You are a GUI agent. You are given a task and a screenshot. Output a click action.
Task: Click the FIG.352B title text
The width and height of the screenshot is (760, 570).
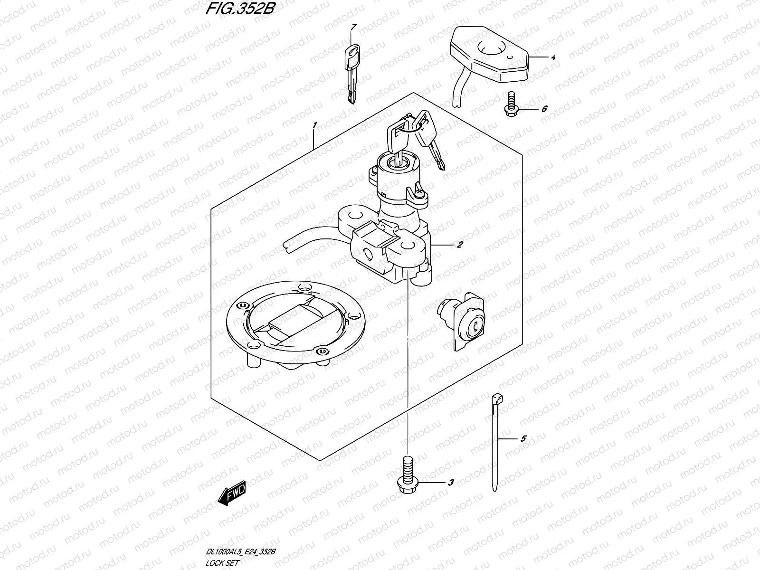tap(240, 8)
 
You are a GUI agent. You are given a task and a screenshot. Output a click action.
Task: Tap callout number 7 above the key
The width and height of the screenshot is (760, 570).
tap(353, 28)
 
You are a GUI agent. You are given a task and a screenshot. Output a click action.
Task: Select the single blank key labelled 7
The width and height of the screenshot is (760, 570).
tap(352, 74)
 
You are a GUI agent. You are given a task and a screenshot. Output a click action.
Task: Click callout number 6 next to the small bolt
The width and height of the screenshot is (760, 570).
tap(544, 109)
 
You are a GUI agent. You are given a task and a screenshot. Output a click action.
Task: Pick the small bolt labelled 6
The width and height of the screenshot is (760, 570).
tap(511, 104)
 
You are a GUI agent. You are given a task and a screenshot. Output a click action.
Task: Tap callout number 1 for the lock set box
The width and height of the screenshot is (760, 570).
tap(315, 125)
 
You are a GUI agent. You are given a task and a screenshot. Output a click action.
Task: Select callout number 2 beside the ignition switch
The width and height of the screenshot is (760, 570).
tap(459, 245)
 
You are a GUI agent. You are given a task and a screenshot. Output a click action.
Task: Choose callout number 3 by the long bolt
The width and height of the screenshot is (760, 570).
tap(450, 483)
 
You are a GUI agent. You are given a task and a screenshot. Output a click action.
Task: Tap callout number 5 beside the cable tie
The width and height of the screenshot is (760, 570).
tap(523, 439)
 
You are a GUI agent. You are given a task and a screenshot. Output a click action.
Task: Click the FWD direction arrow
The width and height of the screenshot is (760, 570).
tap(232, 493)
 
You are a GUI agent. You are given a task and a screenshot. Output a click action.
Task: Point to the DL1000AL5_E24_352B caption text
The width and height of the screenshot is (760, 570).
tap(240, 551)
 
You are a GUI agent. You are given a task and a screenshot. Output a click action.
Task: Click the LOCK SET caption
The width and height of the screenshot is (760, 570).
tap(222, 563)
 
